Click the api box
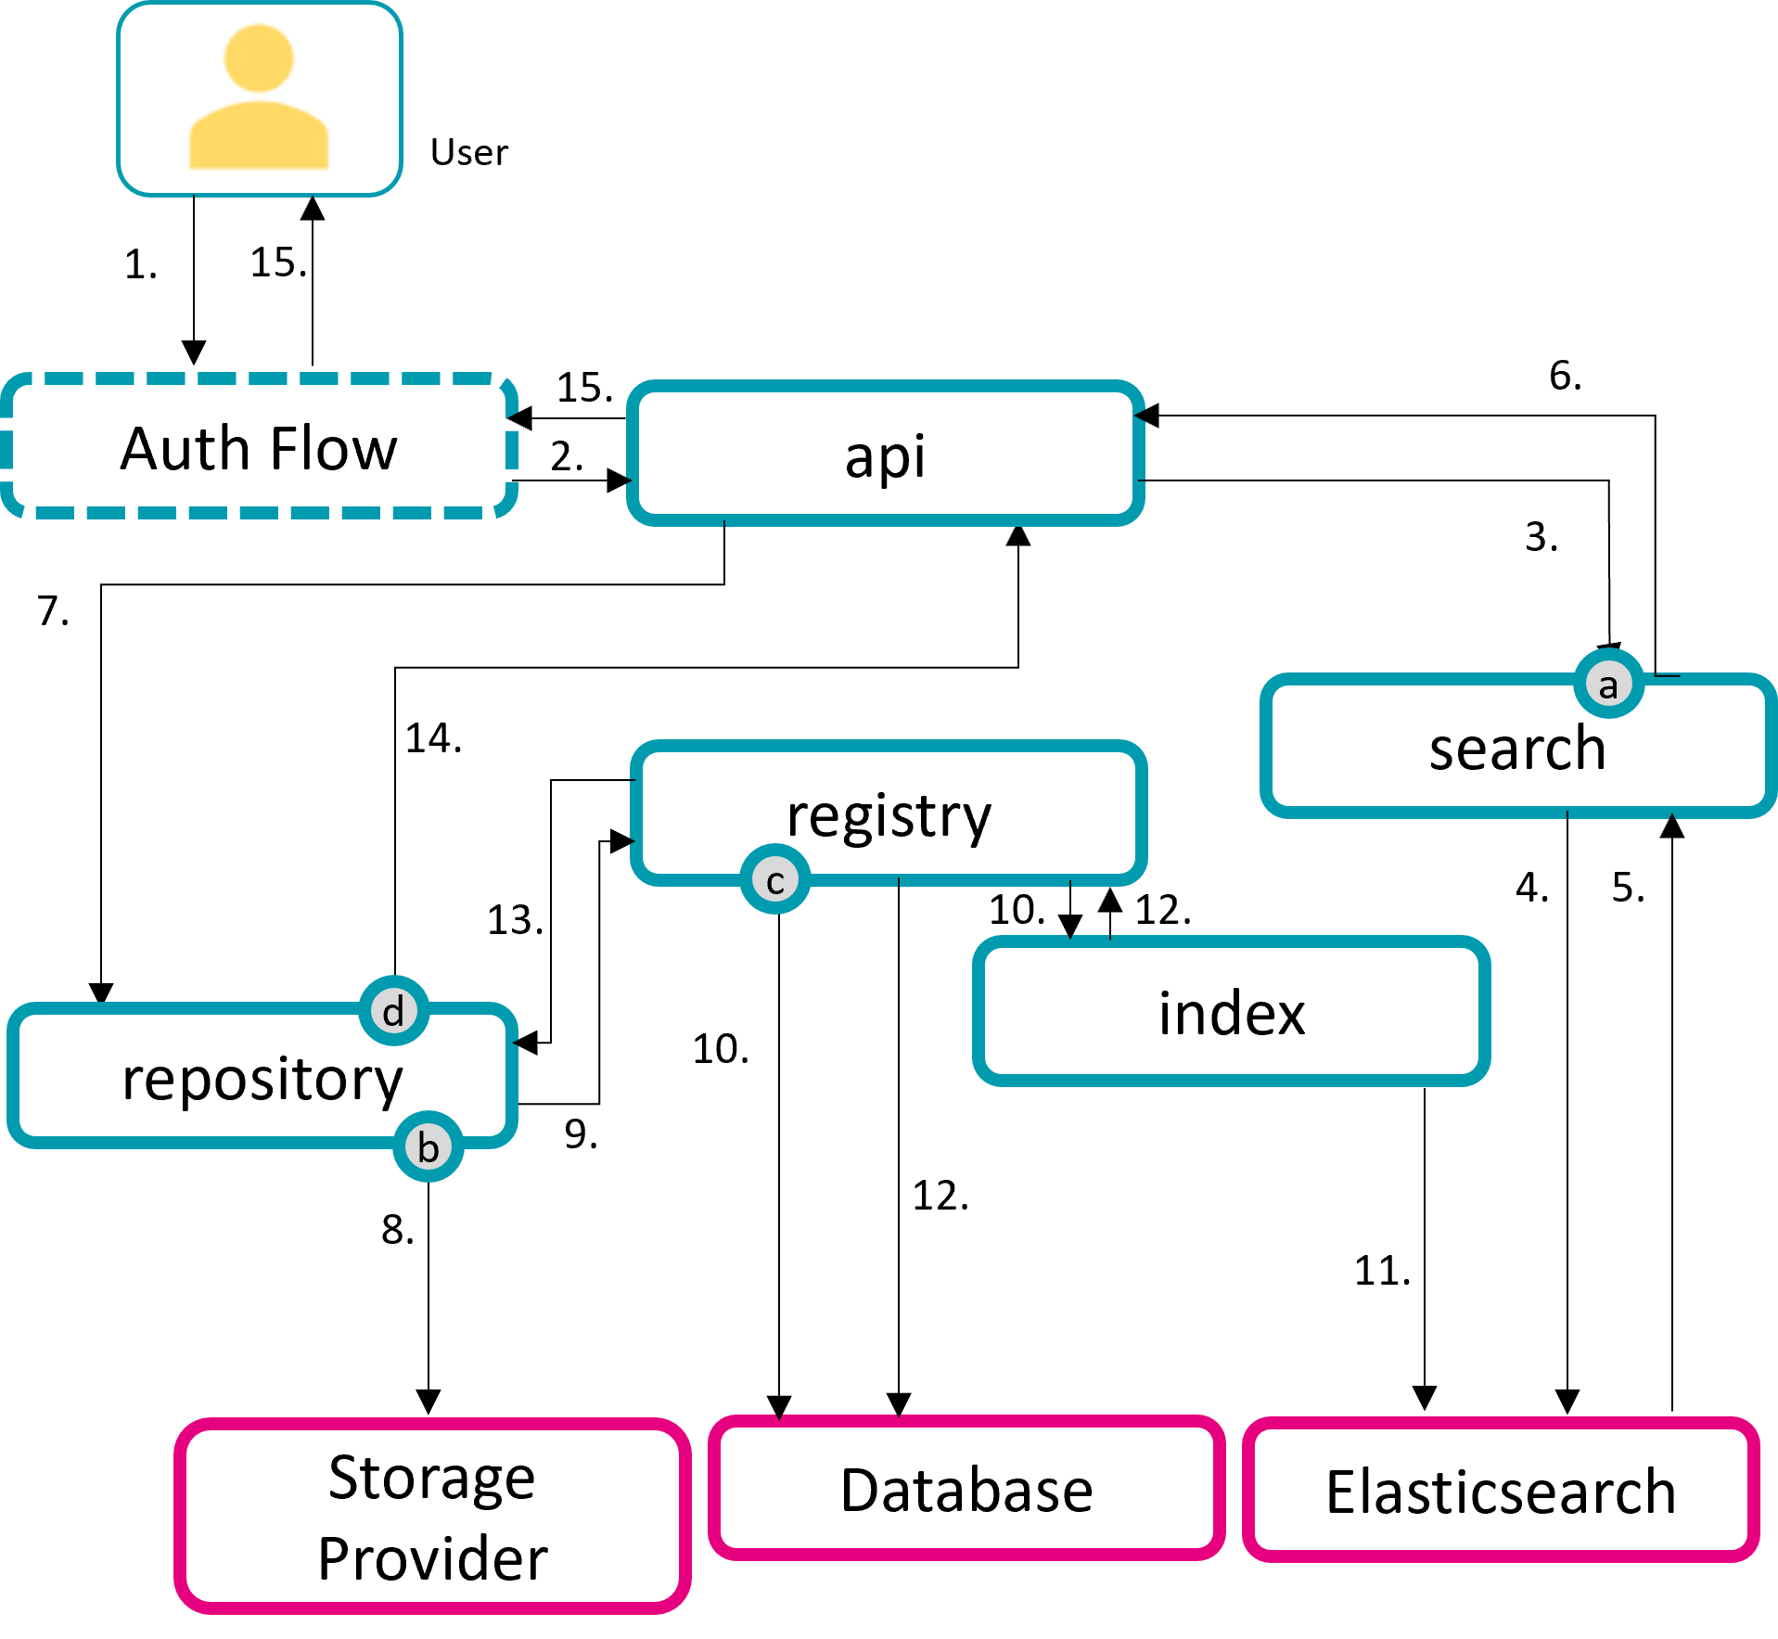point(885,455)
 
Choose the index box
point(1231,1012)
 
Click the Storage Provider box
point(432,1517)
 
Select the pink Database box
point(966,1490)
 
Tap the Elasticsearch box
point(1500,1492)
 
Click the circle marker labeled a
point(1608,685)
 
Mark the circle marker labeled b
point(428,1147)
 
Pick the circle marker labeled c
point(775,880)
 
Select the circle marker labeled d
point(393,1010)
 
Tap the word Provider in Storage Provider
point(432,1558)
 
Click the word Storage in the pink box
point(432,1477)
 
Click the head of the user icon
point(259,58)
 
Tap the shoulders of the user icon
point(259,137)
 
